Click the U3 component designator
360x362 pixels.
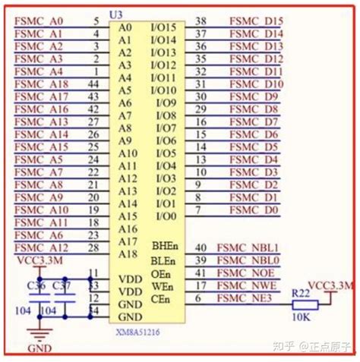pyautogui.click(x=116, y=15)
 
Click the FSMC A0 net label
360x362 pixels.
pyautogui.click(x=39, y=21)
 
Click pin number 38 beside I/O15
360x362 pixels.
pyautogui.click(x=201, y=21)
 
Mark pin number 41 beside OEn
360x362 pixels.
pyautogui.click(x=201, y=272)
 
